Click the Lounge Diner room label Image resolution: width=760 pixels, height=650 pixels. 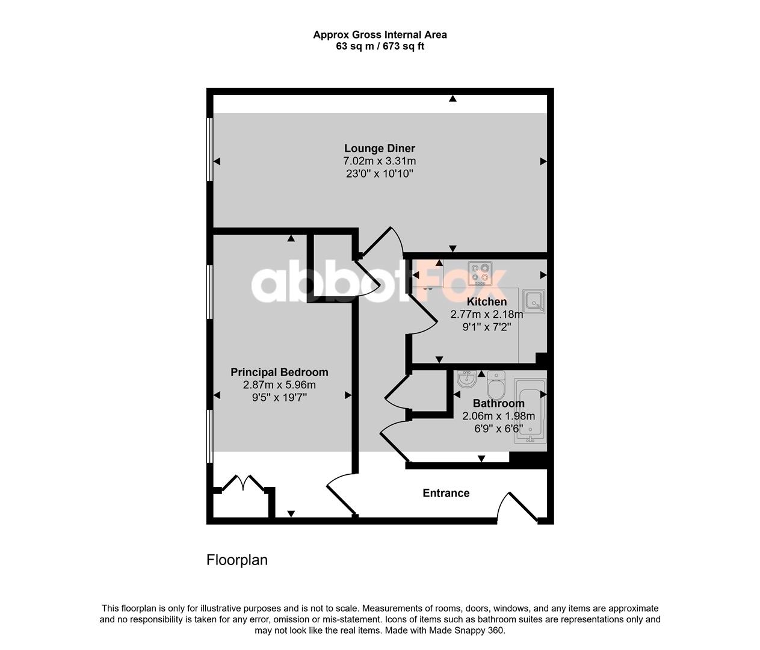click(x=380, y=148)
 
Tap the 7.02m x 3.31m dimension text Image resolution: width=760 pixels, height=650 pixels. click(x=380, y=161)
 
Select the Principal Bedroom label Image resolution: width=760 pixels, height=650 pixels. click(x=279, y=373)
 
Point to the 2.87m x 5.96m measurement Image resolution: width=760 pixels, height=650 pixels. click(x=279, y=385)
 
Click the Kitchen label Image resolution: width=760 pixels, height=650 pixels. click(x=487, y=302)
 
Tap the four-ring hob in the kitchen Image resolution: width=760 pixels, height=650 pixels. click(x=480, y=273)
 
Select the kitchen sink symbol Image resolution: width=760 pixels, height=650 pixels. click(x=534, y=301)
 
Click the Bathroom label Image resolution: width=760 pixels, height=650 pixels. click(x=499, y=403)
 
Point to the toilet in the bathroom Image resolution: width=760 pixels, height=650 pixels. click(x=496, y=385)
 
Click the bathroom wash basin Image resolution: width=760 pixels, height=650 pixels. click(x=466, y=379)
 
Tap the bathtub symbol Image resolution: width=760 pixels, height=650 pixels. click(x=530, y=410)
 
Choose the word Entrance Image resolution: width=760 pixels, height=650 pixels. click(x=446, y=493)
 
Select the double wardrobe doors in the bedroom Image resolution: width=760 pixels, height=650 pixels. click(x=243, y=483)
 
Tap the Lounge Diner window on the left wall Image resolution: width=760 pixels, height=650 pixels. click(x=209, y=149)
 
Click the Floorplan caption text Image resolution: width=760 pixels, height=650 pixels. click(x=237, y=560)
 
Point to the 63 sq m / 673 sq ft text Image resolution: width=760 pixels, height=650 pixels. click(x=380, y=46)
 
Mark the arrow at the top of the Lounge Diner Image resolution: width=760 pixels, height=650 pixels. click(x=453, y=99)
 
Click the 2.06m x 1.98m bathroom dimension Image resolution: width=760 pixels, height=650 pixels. click(x=499, y=416)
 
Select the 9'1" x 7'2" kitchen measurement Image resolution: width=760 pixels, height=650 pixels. click(x=487, y=327)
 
